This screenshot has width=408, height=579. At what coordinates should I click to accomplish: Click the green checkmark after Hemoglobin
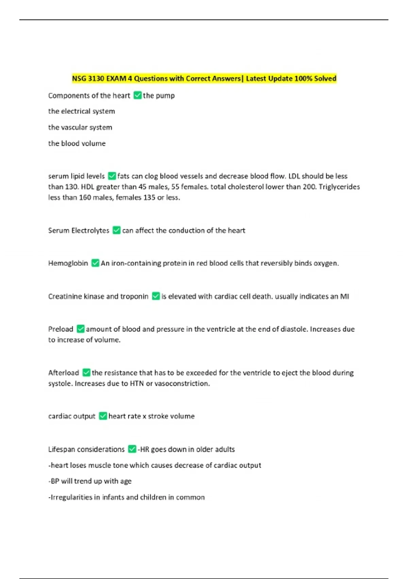tap(95, 263)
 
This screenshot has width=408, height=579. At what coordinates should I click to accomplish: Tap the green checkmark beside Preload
tap(81, 329)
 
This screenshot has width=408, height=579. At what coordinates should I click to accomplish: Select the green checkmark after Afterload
tap(86, 373)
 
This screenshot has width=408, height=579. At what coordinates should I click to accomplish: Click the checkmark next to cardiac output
tap(103, 416)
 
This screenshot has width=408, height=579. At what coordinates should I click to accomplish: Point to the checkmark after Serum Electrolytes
tap(117, 230)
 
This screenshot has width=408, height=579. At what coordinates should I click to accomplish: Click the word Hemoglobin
tap(68, 263)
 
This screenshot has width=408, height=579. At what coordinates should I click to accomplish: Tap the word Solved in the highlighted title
tap(325, 79)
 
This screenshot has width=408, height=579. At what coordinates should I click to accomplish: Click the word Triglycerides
tap(339, 187)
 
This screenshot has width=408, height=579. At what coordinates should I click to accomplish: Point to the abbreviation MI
tap(344, 296)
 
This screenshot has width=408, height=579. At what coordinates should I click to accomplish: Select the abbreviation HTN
tap(137, 384)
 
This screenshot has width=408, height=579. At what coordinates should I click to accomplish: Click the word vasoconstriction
tap(182, 384)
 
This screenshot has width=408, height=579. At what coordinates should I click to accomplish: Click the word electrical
tap(76, 111)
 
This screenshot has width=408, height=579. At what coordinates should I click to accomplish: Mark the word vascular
tap(74, 127)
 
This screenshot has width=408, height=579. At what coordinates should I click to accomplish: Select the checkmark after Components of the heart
tap(137, 95)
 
